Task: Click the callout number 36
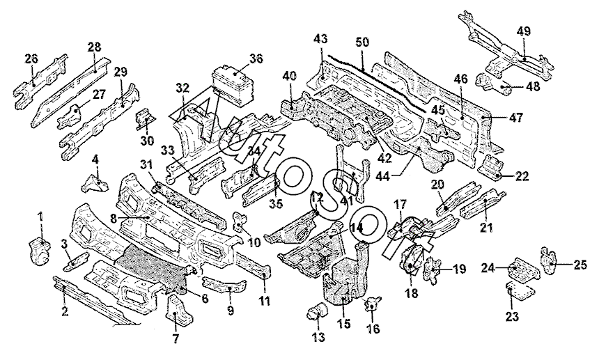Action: click(x=256, y=59)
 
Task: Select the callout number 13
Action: click(x=318, y=338)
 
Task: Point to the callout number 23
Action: click(x=512, y=317)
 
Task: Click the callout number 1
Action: click(x=40, y=217)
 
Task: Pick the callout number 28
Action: click(x=94, y=47)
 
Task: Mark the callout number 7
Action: click(x=176, y=339)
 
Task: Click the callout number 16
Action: click(x=373, y=329)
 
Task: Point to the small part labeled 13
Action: click(x=318, y=311)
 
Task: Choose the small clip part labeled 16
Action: click(x=373, y=303)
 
